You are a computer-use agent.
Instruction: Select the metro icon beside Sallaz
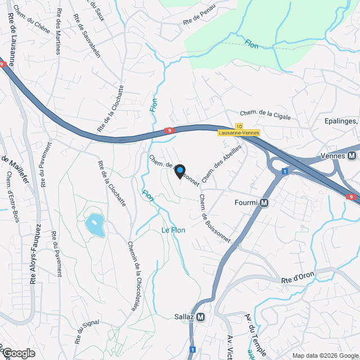tap(201, 317)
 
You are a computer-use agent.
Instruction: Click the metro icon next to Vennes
tap(352, 156)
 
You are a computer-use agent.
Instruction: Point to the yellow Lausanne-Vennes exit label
tap(240, 132)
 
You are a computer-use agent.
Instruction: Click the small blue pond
tap(94, 225)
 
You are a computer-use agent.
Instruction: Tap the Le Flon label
tap(173, 230)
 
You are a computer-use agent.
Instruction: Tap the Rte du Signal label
tap(87, 332)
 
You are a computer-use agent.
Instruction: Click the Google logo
tap(18, 353)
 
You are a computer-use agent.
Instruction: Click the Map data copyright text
tap(324, 355)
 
